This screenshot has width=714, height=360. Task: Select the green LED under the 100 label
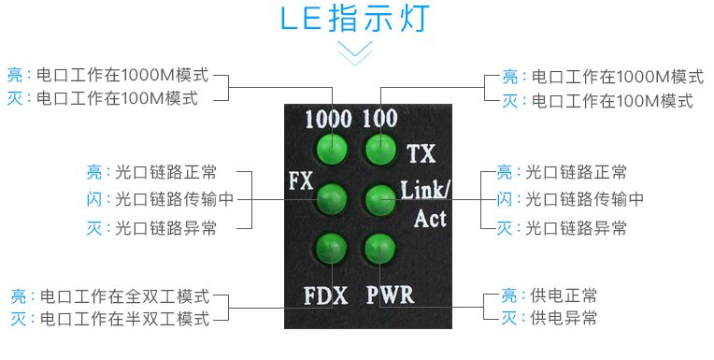378,148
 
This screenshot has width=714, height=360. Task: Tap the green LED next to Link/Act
378,197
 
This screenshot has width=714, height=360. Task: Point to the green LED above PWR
378,248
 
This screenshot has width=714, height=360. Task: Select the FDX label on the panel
326,296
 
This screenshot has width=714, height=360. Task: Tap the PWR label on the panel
390,296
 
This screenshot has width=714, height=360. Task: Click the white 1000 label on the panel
328,119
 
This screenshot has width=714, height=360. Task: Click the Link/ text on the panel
425,191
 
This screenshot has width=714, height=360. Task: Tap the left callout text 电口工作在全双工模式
124,296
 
